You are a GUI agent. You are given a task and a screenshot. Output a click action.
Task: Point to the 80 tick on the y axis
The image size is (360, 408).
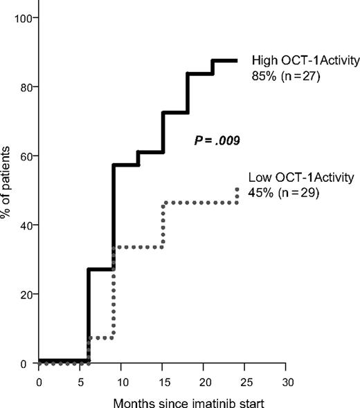pyautogui.click(x=26, y=86)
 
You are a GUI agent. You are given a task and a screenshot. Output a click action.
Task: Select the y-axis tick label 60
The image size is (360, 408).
pyautogui.click(x=26, y=156)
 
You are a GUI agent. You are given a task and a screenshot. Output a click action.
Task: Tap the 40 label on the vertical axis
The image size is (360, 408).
pyautogui.click(x=26, y=225)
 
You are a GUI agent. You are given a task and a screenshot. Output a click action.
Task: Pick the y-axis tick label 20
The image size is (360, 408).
pyautogui.click(x=26, y=294)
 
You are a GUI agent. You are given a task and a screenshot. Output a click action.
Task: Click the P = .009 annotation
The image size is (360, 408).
pyautogui.click(x=216, y=141)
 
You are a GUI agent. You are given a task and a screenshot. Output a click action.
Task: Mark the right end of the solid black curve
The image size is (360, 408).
pyautogui.click(x=237, y=60)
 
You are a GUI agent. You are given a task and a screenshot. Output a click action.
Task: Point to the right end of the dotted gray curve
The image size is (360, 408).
pyautogui.click(x=237, y=188)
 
